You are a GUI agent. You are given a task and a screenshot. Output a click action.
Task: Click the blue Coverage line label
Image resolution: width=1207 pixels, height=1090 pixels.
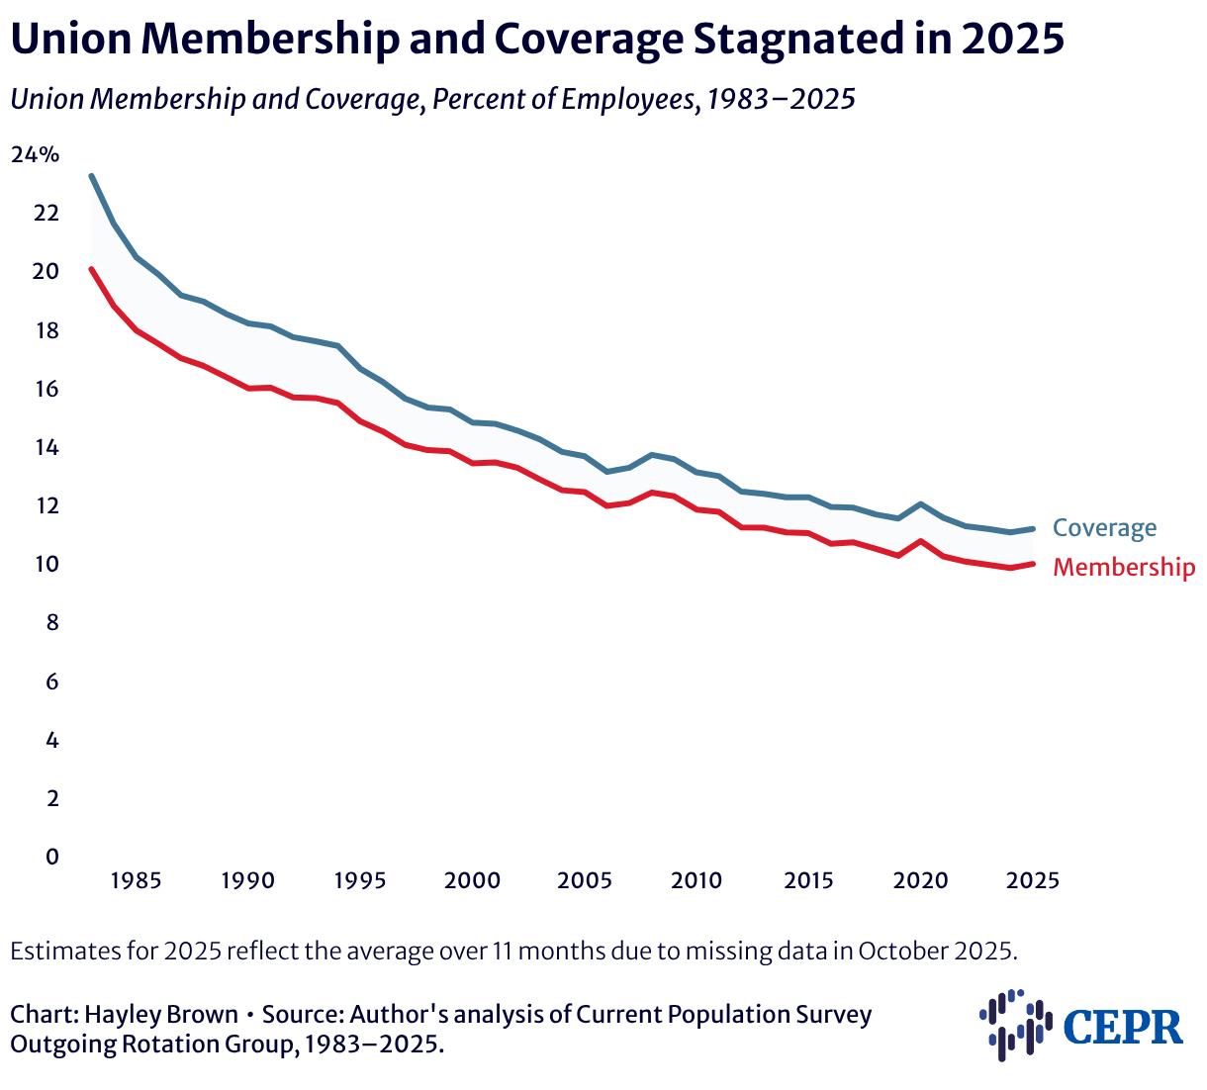1104,528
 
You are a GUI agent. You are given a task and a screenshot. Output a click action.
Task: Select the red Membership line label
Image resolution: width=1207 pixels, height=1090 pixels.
1123,568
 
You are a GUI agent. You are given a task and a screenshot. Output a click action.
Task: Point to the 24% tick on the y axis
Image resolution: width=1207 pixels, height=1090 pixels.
36,154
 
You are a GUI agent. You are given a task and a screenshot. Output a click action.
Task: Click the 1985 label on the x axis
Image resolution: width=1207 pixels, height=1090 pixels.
137,880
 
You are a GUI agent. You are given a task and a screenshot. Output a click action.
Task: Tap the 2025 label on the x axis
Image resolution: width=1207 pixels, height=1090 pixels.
1033,880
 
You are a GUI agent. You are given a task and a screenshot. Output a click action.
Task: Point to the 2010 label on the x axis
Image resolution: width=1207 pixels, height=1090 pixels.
696,880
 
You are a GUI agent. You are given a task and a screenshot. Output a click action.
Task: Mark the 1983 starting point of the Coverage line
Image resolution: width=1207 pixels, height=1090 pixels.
91,176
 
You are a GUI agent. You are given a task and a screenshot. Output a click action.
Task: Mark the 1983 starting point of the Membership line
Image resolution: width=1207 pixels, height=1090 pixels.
91,268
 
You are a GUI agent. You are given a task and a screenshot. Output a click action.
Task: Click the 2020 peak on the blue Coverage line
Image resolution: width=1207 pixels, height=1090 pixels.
921,504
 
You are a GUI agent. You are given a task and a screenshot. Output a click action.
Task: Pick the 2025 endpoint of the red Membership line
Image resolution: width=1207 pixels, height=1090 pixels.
1033,564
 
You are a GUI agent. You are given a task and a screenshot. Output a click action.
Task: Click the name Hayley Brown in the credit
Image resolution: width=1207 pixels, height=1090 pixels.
161,1015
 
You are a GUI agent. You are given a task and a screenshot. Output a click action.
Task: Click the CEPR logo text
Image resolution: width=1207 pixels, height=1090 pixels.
1123,1027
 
